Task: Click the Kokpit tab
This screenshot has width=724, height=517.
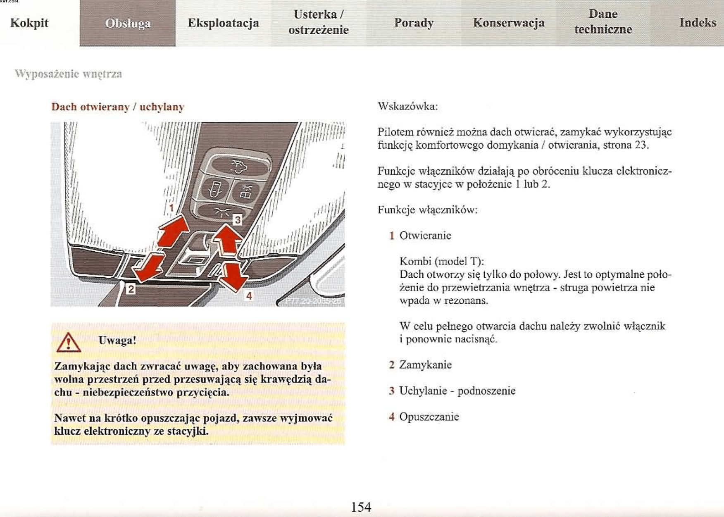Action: coord(29,23)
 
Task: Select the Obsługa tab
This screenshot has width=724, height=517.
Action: coord(128,23)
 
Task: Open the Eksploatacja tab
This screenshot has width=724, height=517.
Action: coord(223,23)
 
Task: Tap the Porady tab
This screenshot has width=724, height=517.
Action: coord(414,23)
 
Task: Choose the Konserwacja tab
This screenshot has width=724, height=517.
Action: coord(509,23)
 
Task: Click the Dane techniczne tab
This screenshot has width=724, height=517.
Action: coord(603,22)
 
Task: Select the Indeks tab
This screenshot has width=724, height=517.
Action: coord(698,22)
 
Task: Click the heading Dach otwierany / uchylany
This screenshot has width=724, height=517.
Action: coord(117,107)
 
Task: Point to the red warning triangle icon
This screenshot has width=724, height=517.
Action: coord(69,343)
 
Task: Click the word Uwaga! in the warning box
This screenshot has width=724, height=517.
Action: coord(117,341)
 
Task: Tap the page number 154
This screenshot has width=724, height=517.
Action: coord(361,507)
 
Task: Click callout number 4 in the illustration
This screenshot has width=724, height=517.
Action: coord(249,296)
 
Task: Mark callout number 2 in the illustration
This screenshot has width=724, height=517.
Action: coord(131,289)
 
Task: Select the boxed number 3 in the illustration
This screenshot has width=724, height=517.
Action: coord(237,220)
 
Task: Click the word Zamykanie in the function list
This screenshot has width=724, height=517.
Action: coord(425,365)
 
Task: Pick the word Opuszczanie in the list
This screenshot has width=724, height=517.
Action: coord(429,417)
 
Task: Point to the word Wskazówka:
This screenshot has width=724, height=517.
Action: coord(407,107)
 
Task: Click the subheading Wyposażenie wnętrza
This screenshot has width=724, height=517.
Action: coord(68,74)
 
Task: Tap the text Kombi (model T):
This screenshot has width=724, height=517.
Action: coord(441,261)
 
